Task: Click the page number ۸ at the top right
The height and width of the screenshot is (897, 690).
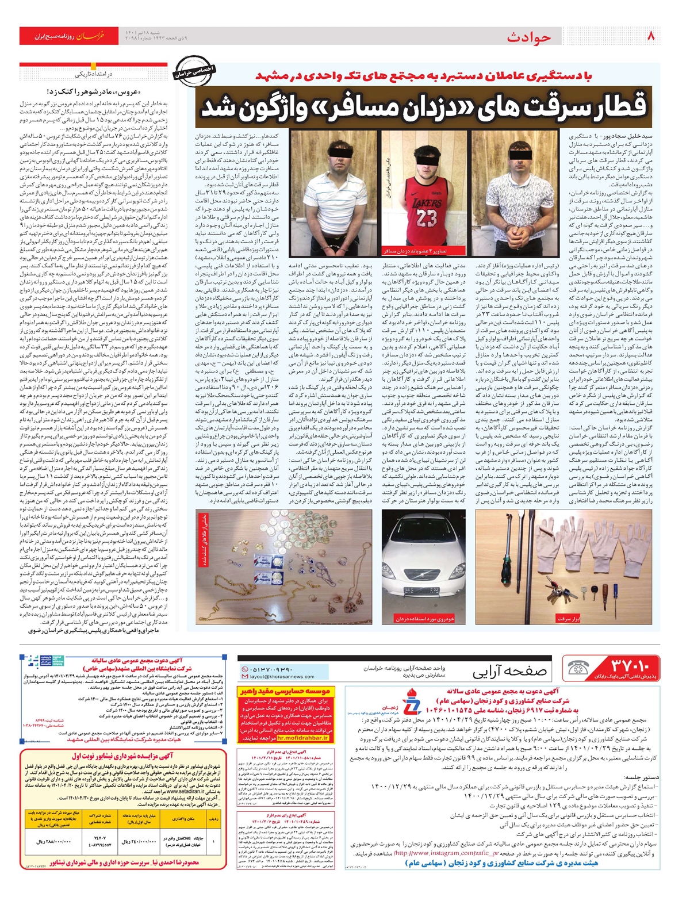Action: click(x=651, y=36)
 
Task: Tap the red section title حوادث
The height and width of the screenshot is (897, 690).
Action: click(x=528, y=37)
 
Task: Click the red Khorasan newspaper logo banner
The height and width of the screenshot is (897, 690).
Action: click(x=75, y=36)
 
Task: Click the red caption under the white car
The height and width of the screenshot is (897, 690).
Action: click(x=424, y=619)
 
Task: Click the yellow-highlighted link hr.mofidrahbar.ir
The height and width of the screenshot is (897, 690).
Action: click(x=273, y=738)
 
